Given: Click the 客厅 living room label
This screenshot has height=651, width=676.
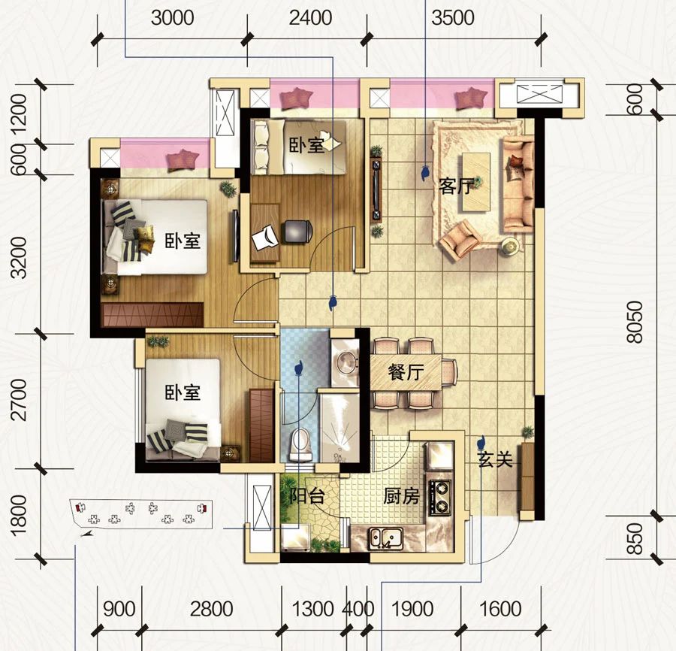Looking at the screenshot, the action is (456, 186).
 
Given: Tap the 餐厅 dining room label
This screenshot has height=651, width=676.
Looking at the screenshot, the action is (406, 372).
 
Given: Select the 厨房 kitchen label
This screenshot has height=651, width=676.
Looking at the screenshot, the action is (401, 497).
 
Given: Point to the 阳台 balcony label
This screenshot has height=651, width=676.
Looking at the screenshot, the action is (306, 496).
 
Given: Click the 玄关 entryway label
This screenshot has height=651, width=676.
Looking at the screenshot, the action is (495, 460).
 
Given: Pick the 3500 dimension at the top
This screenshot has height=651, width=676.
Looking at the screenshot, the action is (453, 18).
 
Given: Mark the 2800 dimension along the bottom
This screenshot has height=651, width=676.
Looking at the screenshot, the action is (211, 609).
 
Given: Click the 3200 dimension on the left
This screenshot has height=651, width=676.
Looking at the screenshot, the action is (20, 258).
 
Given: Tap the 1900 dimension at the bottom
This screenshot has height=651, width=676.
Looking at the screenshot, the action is (412, 609).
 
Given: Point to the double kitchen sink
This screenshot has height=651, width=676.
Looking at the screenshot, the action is (386, 538).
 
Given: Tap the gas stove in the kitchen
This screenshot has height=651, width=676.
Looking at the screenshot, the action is (439, 497).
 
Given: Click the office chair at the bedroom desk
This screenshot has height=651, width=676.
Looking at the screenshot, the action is (297, 232).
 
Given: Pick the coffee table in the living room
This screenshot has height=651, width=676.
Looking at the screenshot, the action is (476, 182).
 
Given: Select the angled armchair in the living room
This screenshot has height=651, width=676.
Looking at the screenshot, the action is (460, 240).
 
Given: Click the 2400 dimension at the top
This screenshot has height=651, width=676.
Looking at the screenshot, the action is (310, 18).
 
